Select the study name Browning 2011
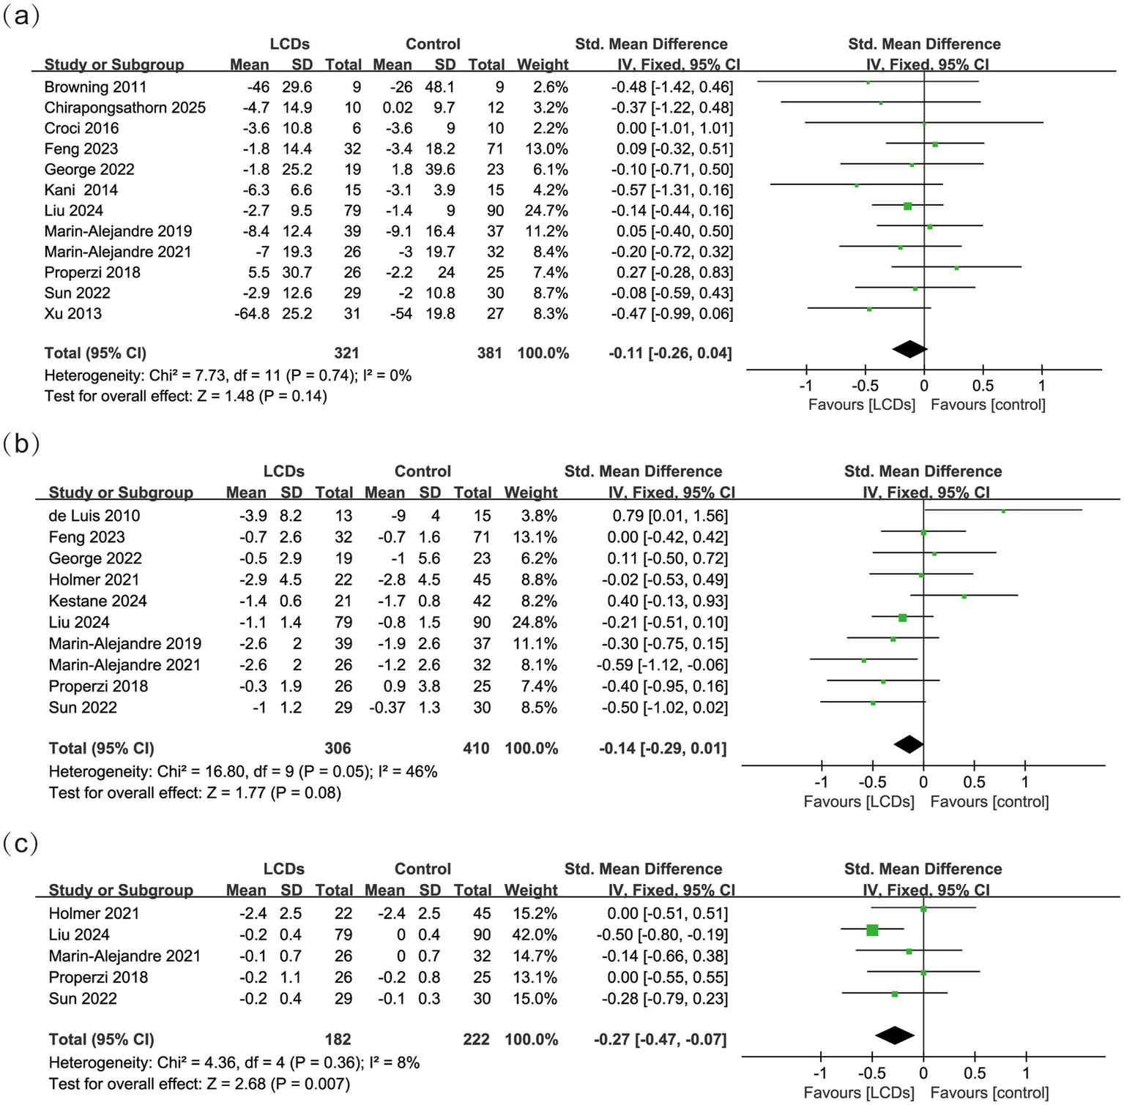[x=95, y=87]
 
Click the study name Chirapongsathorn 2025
[x=124, y=108]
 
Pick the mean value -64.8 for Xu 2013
[x=251, y=313]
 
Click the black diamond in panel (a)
[x=909, y=349]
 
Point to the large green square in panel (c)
[x=872, y=930]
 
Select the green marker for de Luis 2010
[x=1003, y=512]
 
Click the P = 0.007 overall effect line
[x=199, y=1083]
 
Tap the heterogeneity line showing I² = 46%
[x=242, y=771]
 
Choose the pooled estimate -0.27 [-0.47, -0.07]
[x=660, y=1039]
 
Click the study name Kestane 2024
[x=97, y=601]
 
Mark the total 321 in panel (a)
[x=346, y=353]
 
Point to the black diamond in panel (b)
[x=909, y=744]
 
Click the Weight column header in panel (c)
[x=531, y=890]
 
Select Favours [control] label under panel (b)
[x=989, y=801]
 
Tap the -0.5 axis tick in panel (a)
[x=865, y=386]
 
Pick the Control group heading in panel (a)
[x=433, y=44]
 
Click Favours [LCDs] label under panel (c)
[x=859, y=1093]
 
